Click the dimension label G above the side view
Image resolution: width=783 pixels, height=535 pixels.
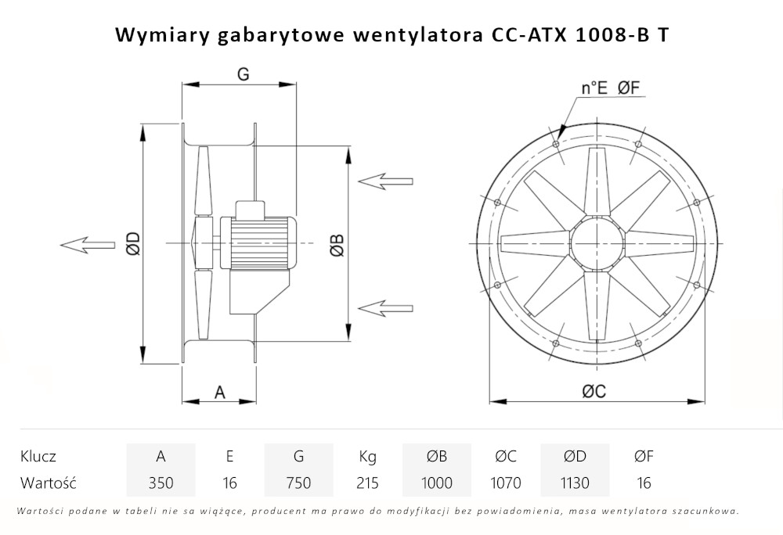point(243,74)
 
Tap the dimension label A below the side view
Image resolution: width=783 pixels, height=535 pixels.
point(220,392)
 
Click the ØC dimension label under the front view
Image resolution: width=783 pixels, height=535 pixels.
point(594,392)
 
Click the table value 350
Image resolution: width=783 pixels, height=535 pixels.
point(161,483)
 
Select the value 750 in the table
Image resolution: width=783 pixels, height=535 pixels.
point(298,483)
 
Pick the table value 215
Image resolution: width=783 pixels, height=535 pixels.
point(367,483)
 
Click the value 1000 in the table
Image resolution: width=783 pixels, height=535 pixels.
point(436,483)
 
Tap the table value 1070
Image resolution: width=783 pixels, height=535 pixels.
point(505,483)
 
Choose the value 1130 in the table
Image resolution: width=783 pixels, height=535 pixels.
point(574,483)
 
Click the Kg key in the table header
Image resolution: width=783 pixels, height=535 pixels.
point(367,456)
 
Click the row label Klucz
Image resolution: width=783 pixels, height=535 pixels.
point(38,456)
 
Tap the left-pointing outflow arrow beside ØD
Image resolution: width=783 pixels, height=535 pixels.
point(86,245)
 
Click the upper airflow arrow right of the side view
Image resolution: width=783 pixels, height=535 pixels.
point(384,181)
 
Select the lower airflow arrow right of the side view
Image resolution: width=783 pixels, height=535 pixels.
point(384,305)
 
